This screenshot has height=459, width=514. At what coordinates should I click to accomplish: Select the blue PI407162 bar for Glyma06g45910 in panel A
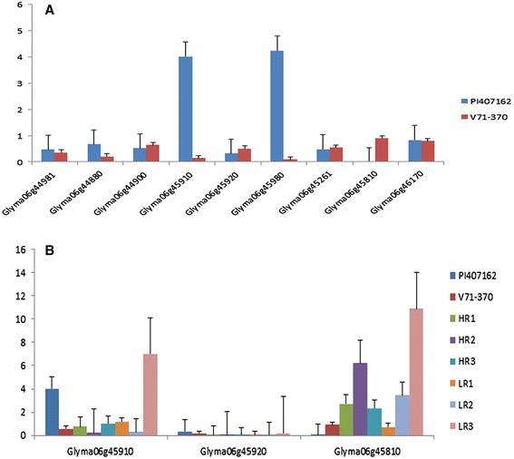pos(185,109)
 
